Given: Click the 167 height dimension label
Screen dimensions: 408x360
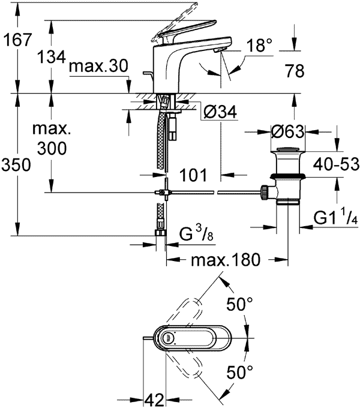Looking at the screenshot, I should click(x=17, y=41).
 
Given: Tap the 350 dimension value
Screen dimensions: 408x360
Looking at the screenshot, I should click(x=17, y=166).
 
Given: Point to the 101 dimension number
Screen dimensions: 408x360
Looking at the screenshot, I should click(x=193, y=175).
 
